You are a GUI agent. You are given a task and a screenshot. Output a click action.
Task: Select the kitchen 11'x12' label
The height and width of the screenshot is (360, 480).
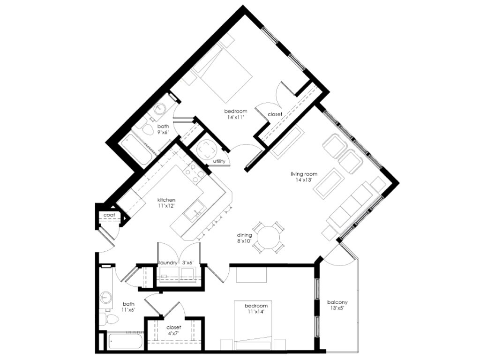[x=166, y=203]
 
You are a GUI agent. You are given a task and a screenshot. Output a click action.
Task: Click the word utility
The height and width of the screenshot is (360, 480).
[x=219, y=161]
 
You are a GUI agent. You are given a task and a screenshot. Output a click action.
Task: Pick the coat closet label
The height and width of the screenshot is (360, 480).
[x=110, y=215]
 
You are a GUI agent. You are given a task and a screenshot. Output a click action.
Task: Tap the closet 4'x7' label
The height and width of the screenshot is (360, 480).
[x=174, y=330]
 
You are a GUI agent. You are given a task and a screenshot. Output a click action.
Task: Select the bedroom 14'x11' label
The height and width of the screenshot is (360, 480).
[x=235, y=114]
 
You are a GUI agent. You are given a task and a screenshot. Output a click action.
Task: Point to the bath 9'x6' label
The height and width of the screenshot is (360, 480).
[x=163, y=129]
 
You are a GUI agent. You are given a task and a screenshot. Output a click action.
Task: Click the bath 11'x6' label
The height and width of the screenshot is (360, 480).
[x=128, y=307]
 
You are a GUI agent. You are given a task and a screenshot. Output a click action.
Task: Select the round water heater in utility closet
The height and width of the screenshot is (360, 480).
[x=207, y=150]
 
